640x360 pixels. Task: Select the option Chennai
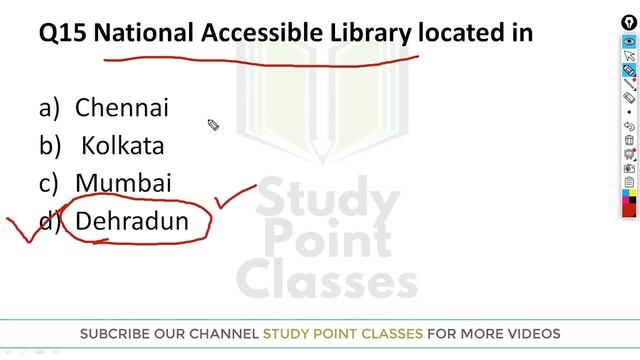point(122,107)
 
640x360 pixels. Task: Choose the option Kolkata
point(122,145)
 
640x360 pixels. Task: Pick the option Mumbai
point(123,183)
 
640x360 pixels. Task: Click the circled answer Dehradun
point(132,221)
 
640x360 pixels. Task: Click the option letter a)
point(50,108)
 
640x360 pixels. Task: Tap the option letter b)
point(50,146)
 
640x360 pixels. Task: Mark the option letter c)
point(50,184)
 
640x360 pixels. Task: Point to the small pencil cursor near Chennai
point(213,125)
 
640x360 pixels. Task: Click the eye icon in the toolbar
point(629,42)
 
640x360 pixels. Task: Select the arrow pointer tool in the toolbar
point(629,57)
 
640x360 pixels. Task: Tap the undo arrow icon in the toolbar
point(629,127)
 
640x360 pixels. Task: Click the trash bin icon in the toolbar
point(629,141)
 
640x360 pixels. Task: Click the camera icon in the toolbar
point(629,169)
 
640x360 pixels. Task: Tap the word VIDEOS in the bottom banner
point(533,333)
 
